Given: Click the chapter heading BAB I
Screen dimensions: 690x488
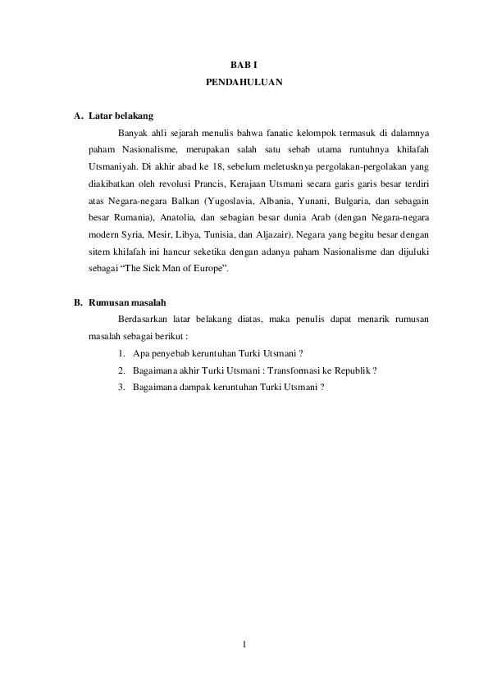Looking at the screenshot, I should [244, 65].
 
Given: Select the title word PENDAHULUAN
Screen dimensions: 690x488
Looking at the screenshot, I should [244, 83].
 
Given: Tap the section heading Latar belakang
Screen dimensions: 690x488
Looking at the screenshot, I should [121, 116].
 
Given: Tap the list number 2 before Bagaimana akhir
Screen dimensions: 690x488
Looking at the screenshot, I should [121, 370].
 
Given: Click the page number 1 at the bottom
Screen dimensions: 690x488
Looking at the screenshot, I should [244, 642].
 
